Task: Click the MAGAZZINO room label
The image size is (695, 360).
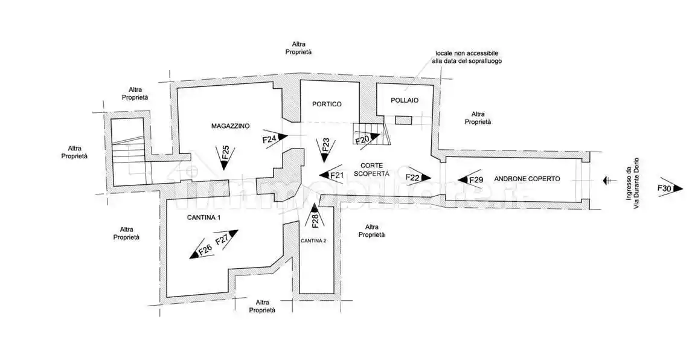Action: click(x=230, y=126)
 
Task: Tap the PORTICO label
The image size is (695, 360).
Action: click(x=327, y=104)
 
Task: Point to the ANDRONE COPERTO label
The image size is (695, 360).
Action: click(x=527, y=179)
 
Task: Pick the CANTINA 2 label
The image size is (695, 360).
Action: click(x=313, y=240)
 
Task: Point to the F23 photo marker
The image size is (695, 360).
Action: click(x=325, y=148)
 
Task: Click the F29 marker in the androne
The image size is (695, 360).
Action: click(x=471, y=179)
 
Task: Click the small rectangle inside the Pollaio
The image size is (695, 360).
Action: click(x=403, y=121)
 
